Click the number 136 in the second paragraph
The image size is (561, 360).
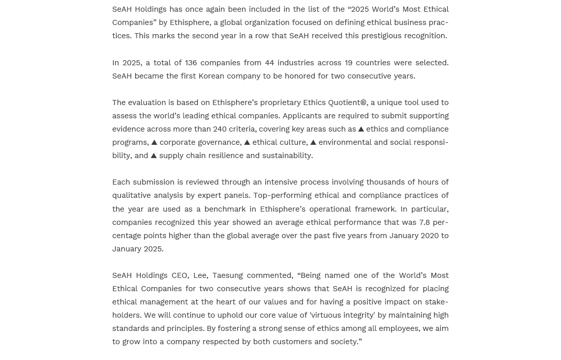191,63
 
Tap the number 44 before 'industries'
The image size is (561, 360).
269,63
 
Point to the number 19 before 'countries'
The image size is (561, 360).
348,63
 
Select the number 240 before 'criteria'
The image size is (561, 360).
220,129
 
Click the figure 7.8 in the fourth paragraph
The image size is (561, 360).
424,222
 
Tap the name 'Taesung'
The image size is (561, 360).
227,275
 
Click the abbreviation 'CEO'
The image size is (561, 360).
180,275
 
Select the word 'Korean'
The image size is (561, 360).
211,76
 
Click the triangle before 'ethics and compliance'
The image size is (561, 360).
361,130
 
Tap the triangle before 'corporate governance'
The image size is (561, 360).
154,143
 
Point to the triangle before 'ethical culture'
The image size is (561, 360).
247,143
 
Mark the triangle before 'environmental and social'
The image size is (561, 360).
313,143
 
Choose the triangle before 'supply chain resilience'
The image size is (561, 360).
154,156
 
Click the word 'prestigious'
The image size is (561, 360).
380,36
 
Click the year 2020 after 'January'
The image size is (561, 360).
429,236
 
